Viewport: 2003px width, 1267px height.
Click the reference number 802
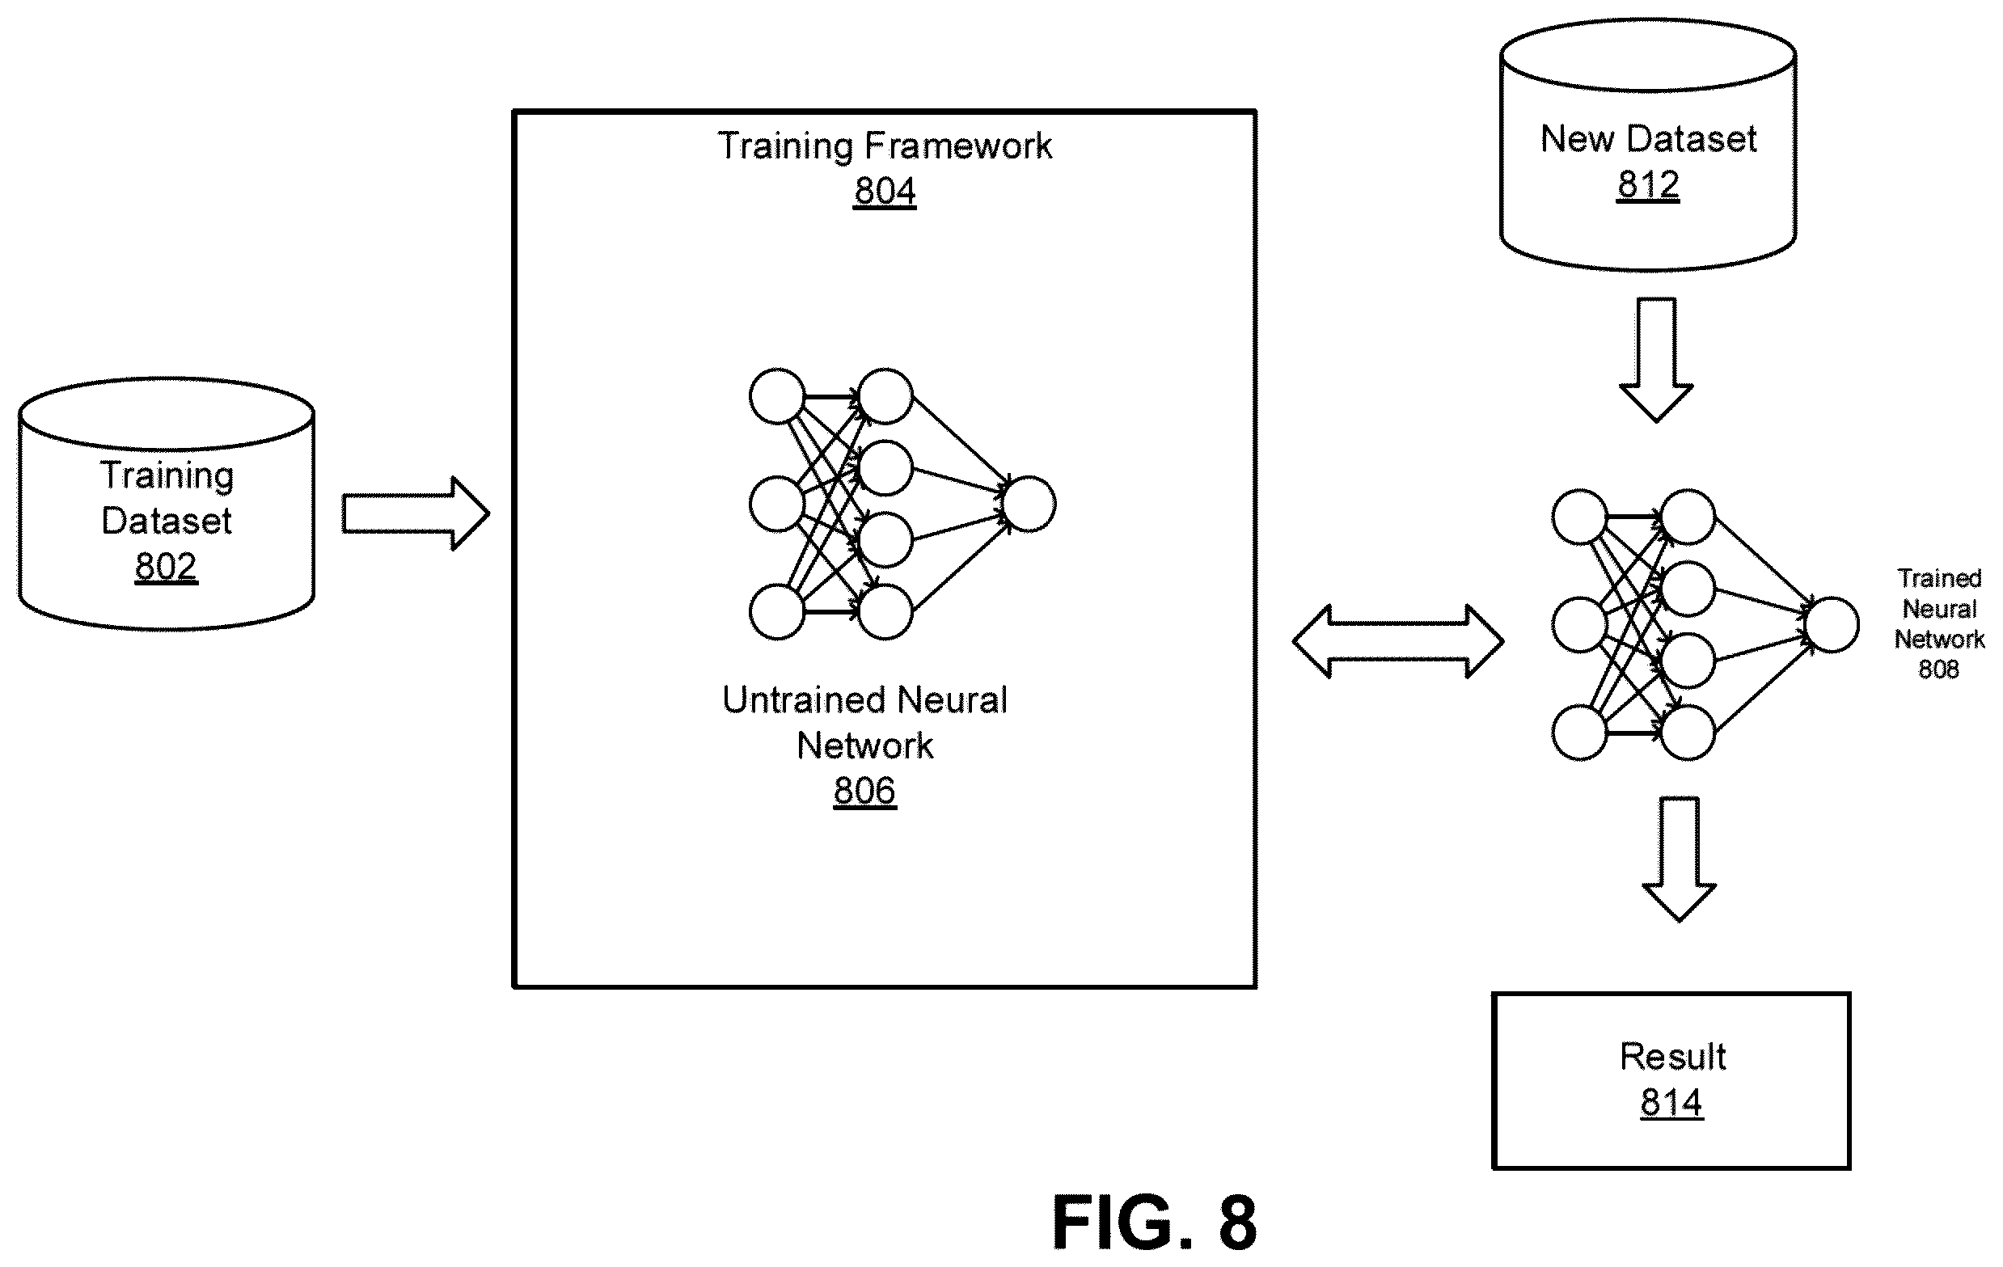coord(167,567)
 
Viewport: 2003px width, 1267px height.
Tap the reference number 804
coord(885,192)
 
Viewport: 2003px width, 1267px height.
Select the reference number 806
coord(865,790)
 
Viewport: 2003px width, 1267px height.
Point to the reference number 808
coord(1939,669)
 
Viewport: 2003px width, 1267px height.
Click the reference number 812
coord(1649,184)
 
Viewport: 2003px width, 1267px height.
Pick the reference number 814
coord(1672,1102)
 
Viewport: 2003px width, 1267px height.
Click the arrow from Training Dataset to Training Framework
coord(416,513)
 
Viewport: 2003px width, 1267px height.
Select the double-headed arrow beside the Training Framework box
coord(1398,641)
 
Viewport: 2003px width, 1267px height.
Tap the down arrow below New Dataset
coord(1656,359)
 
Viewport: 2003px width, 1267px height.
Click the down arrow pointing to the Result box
coord(1679,859)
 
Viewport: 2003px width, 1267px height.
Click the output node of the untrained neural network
coord(1029,505)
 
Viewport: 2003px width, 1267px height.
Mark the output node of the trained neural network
coord(1832,625)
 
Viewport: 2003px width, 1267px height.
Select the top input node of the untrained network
coord(777,396)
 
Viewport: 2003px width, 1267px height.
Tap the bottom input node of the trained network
coord(1579,732)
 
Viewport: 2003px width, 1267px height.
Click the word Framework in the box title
coord(958,146)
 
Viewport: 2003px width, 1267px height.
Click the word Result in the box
coord(1673,1057)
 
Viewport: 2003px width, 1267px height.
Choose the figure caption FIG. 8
coord(1155,1222)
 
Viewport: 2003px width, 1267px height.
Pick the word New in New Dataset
coord(1576,138)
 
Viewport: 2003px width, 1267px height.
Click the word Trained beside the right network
coord(1940,578)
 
